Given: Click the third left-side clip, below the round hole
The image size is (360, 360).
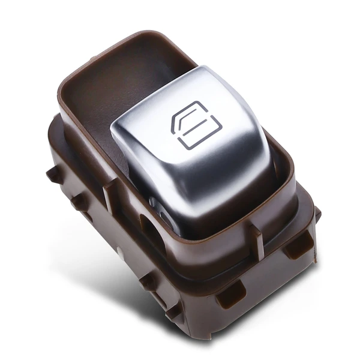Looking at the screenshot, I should click(x=148, y=281).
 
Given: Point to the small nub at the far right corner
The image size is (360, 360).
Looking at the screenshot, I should click(x=317, y=213).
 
